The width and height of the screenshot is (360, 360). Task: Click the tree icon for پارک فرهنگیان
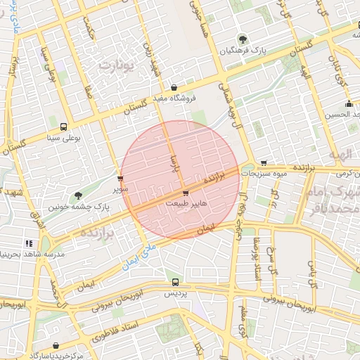point(243,39)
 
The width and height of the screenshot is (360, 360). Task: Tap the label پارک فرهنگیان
point(243,51)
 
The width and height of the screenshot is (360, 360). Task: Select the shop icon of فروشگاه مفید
point(174,87)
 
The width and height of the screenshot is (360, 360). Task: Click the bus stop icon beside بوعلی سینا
point(64,127)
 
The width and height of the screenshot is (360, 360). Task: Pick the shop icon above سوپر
point(121,179)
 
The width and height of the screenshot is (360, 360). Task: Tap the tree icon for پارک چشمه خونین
point(77,195)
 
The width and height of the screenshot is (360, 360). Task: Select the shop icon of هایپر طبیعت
point(185,192)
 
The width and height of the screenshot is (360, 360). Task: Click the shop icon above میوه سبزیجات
point(264,162)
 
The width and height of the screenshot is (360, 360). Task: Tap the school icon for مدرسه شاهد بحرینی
point(29,243)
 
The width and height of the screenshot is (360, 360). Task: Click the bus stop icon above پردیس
point(175,282)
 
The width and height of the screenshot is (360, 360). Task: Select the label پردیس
point(175,293)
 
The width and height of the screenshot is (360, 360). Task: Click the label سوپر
point(121,189)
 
